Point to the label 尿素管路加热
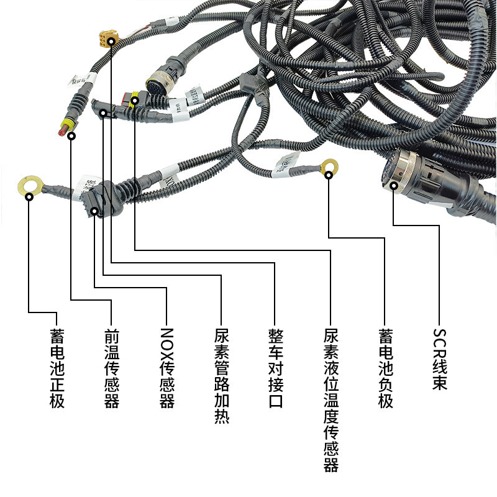tap(221, 376)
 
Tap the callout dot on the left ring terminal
tap(30, 197)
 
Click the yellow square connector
tap(102, 39)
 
